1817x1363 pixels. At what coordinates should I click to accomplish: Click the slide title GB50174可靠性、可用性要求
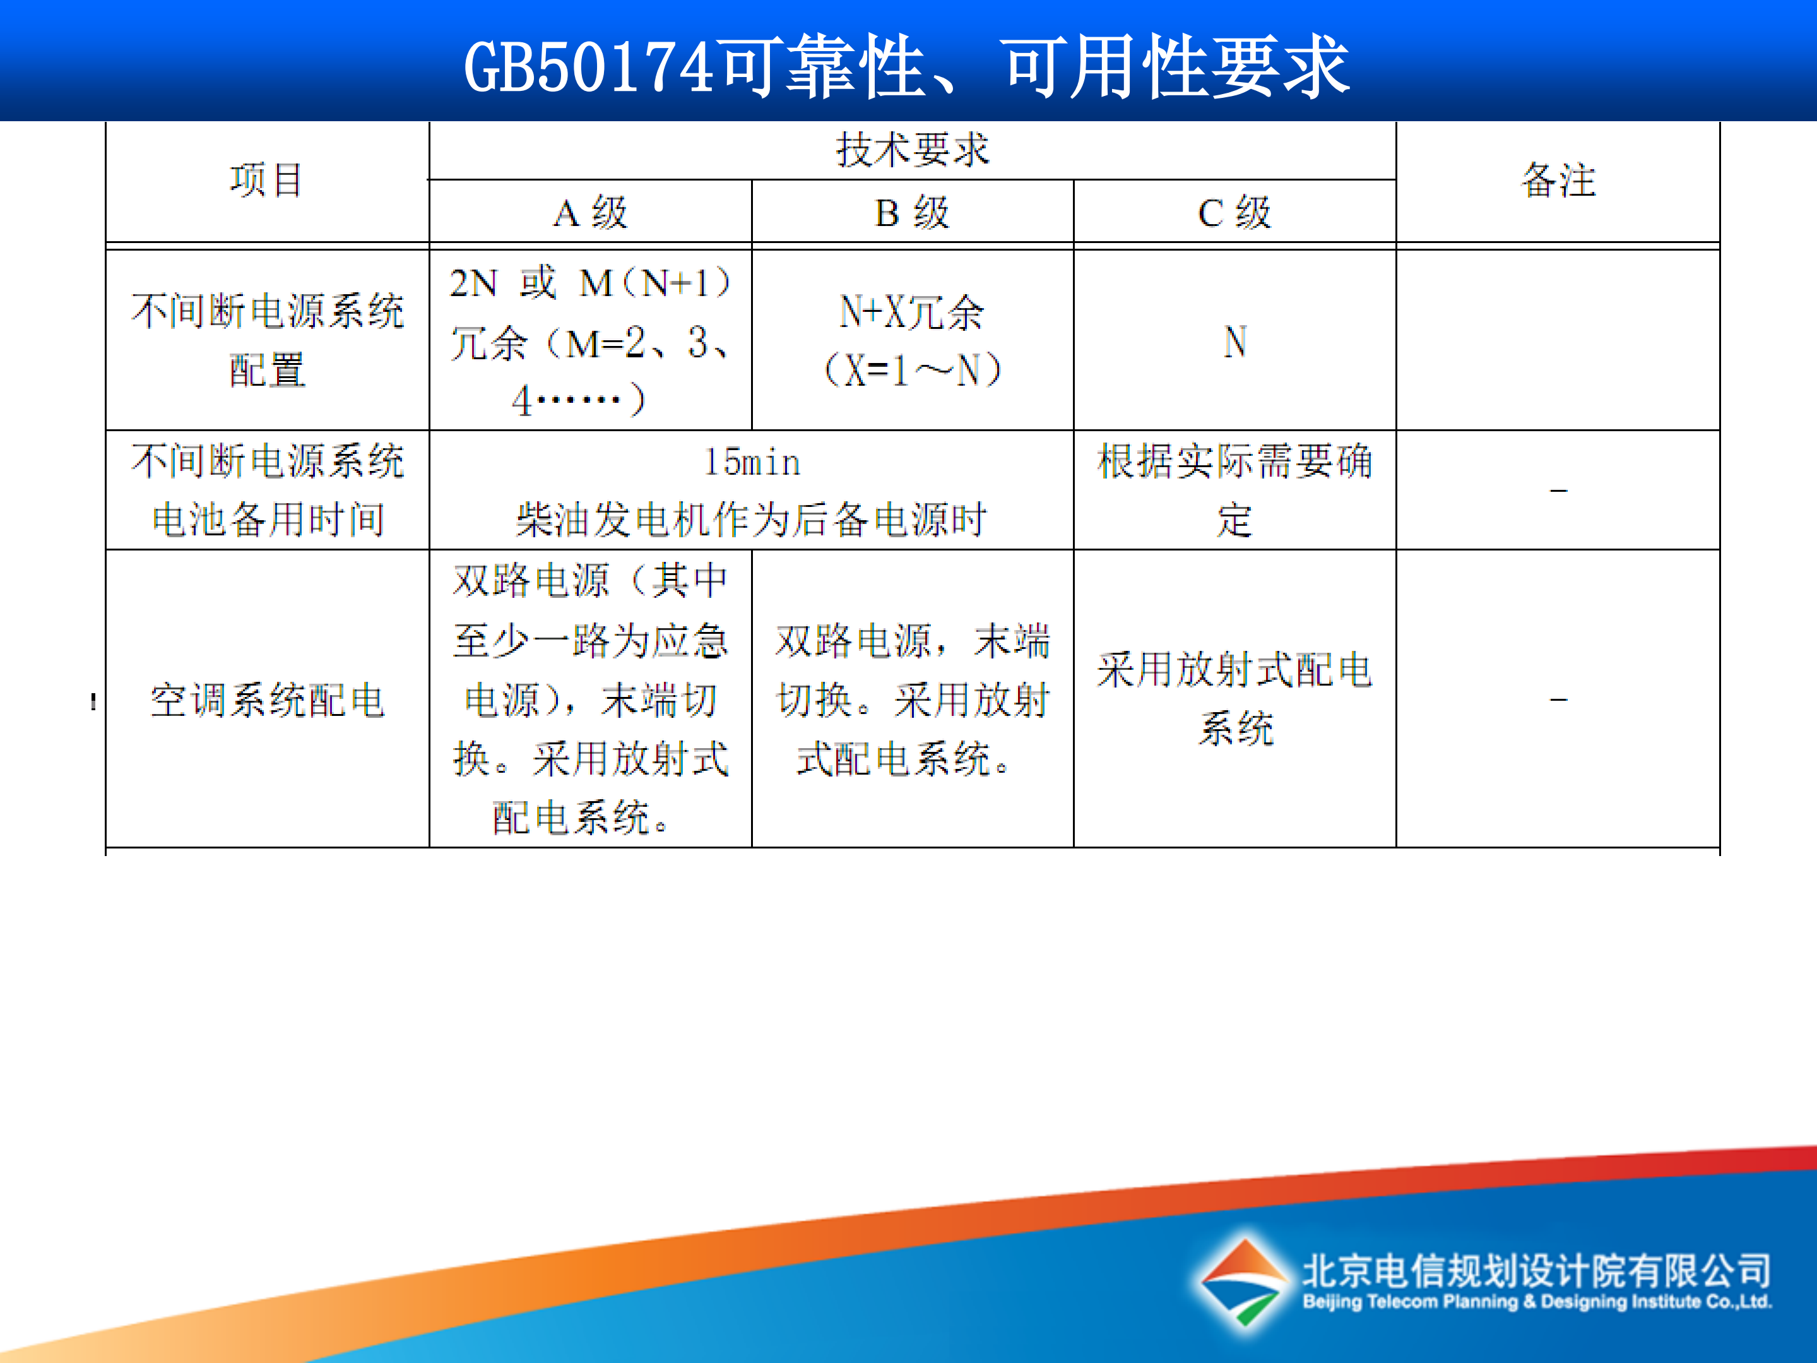[907, 66]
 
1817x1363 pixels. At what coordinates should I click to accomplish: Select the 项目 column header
[266, 180]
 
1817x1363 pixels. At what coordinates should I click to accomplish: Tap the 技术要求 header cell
[912, 150]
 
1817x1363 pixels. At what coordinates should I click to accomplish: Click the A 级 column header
[590, 213]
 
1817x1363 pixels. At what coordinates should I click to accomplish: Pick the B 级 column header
[912, 213]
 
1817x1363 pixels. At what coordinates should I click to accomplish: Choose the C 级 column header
[1234, 213]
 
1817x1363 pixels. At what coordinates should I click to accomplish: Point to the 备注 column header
[1558, 180]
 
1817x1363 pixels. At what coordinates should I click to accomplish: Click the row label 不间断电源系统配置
[267, 340]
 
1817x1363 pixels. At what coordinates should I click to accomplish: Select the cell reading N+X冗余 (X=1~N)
[912, 340]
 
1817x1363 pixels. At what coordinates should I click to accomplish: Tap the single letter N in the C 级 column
[1234, 342]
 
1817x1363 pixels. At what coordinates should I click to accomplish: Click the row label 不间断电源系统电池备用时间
[267, 490]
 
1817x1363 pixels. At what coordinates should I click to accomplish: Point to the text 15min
[752, 463]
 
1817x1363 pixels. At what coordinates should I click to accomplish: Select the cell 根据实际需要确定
[1234, 490]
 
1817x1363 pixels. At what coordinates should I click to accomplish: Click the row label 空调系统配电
[267, 700]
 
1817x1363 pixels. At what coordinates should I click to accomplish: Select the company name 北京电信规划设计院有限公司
[1536, 1270]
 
